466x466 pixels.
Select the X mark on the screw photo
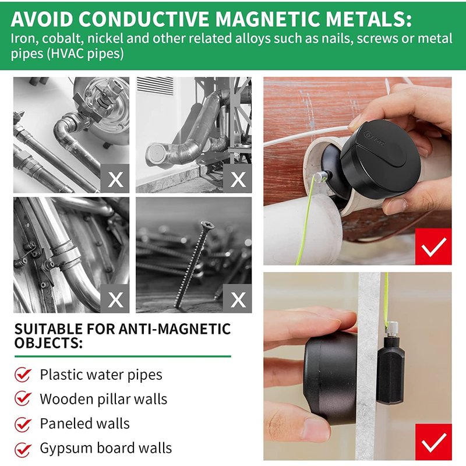pos(238,298)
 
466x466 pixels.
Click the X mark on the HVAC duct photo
pos(238,178)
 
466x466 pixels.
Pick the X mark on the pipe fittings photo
pos(115,178)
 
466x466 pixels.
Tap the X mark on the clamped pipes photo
pos(115,298)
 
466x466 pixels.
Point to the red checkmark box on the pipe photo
pos(433,246)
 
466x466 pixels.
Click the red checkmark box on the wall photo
pos(433,442)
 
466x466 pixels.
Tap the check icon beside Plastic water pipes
pos(23,375)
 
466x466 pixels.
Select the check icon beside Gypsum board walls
pos(23,449)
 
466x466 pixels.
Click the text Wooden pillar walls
pos(104,399)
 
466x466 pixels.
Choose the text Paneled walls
pos(84,423)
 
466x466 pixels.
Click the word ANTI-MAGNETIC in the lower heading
pos(175,329)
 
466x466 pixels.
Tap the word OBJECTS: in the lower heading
pos(48,343)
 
